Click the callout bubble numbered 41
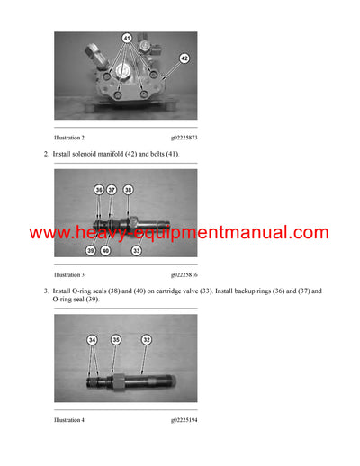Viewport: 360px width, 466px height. coord(126,39)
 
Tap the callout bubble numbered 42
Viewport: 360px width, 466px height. coord(184,57)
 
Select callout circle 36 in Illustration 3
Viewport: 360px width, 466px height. coord(99,191)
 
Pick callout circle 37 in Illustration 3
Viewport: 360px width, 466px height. coord(112,191)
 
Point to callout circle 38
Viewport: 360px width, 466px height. coord(129,191)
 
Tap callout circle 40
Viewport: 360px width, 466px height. coord(105,250)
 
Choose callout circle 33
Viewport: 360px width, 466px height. coord(137,250)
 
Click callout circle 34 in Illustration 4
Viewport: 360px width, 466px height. coord(92,340)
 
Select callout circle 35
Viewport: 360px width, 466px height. coord(115,340)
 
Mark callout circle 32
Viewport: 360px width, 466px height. coord(147,340)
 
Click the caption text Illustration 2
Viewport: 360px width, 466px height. coord(69,138)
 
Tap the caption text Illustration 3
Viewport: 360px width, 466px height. coord(69,273)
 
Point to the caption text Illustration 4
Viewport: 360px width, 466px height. coord(69,419)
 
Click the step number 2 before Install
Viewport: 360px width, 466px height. coord(46,155)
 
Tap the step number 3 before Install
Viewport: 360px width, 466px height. coord(46,291)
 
